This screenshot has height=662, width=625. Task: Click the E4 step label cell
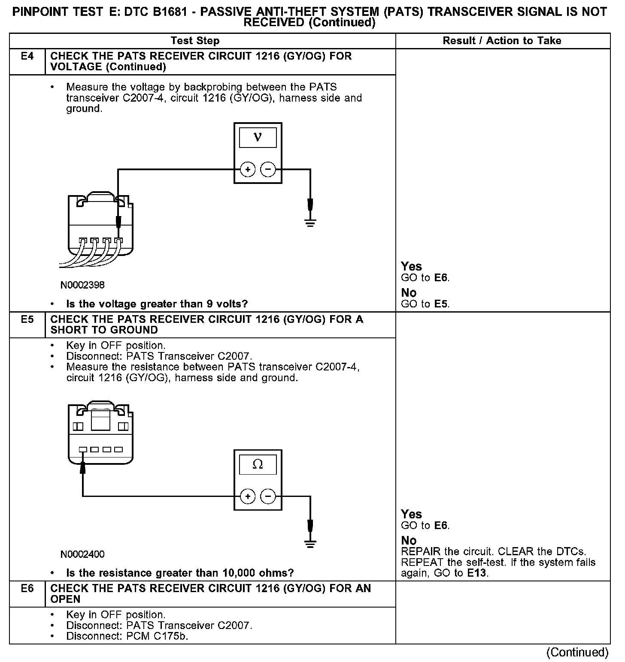coord(27,56)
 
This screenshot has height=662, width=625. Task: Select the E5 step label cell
coord(27,319)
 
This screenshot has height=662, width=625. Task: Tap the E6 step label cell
coord(27,589)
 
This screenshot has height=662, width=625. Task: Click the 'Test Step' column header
coord(195,41)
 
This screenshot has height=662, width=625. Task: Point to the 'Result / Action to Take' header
coord(502,41)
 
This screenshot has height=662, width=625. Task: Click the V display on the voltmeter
coord(258,137)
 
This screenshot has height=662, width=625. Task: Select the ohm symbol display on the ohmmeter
coord(258,464)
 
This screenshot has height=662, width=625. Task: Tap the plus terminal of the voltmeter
coord(248,170)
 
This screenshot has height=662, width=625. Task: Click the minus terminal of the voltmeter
coord(268,170)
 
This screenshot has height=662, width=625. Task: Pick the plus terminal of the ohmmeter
coord(248,496)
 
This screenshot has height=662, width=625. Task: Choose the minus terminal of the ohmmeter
coord(268,496)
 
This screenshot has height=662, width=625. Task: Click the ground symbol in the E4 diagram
coord(310,222)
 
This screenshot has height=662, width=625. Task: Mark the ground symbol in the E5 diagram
coord(310,545)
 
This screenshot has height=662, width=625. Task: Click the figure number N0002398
coord(82,285)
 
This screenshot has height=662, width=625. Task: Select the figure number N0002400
coord(82,554)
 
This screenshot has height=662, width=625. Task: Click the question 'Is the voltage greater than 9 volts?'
coord(157,304)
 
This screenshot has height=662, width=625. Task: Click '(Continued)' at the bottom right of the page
coord(577,652)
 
